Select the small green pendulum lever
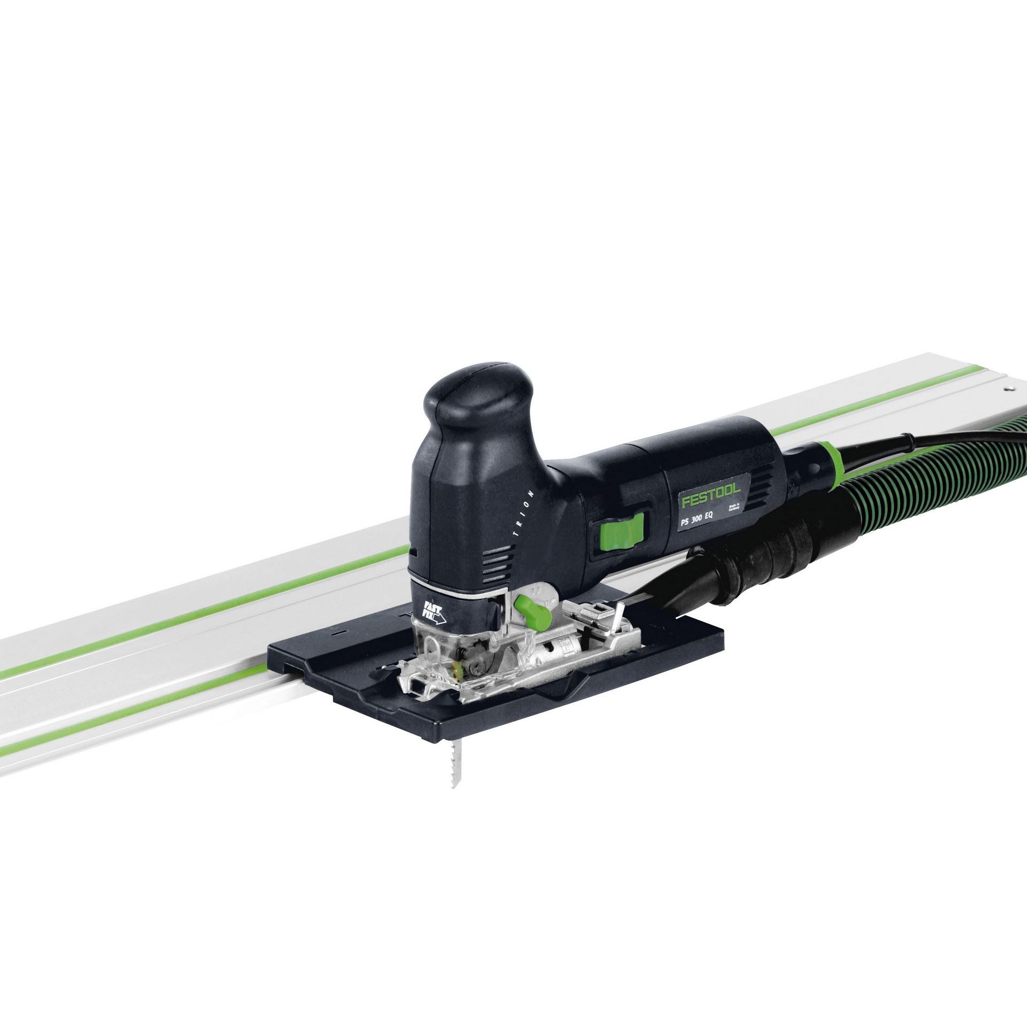tap(531, 614)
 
